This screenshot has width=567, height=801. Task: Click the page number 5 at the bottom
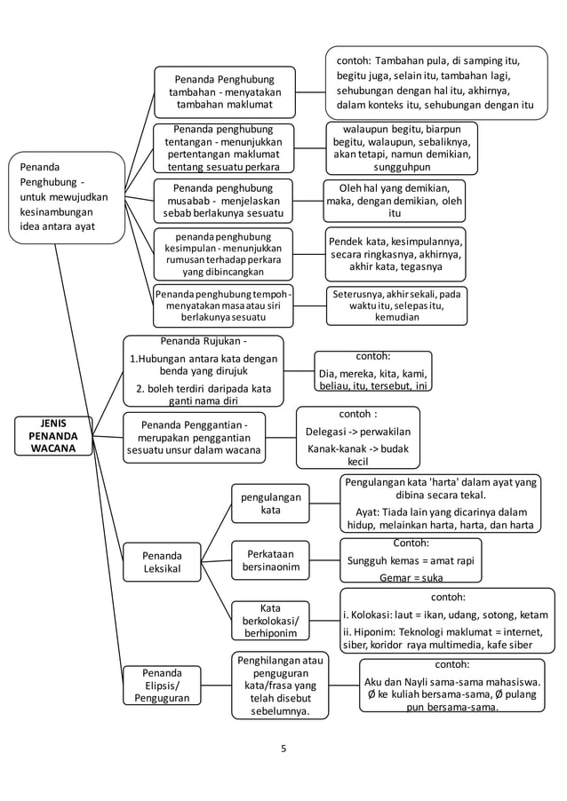283,748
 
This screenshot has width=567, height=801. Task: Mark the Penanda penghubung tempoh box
223,305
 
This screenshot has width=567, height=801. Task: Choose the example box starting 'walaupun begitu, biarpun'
402,147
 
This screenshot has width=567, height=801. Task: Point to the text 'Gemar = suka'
410,577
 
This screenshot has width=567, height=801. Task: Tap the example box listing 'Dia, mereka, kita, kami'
373,371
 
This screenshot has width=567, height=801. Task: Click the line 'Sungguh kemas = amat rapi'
410,560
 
